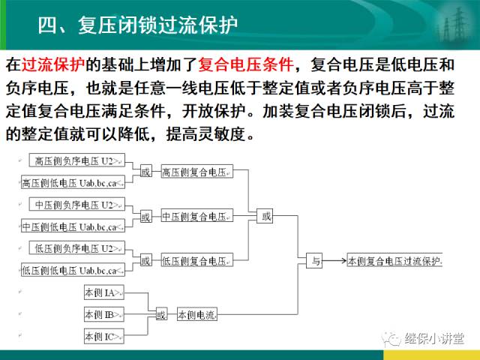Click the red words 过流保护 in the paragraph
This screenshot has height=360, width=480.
[53, 64]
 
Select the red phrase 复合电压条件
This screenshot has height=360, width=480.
[245, 64]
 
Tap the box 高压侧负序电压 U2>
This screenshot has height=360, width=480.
[76, 160]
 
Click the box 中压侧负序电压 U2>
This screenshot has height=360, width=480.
[76, 204]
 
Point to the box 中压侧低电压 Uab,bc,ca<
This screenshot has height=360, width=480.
[73, 226]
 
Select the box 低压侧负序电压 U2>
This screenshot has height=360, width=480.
[76, 247]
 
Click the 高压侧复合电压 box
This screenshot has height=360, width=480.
[196, 172]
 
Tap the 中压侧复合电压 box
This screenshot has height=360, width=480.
[196, 215]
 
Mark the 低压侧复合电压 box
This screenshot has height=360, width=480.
[196, 259]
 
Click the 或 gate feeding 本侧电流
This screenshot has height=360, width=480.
[161, 314]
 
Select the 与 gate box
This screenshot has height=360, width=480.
[314, 260]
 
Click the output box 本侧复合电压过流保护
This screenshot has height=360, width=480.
[394, 260]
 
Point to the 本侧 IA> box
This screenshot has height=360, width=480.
[104, 292]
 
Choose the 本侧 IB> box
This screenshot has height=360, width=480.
[104, 314]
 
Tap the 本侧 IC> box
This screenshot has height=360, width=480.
[104, 336]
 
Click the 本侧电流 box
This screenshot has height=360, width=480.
[197, 314]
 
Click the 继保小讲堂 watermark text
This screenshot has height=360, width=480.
[434, 338]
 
